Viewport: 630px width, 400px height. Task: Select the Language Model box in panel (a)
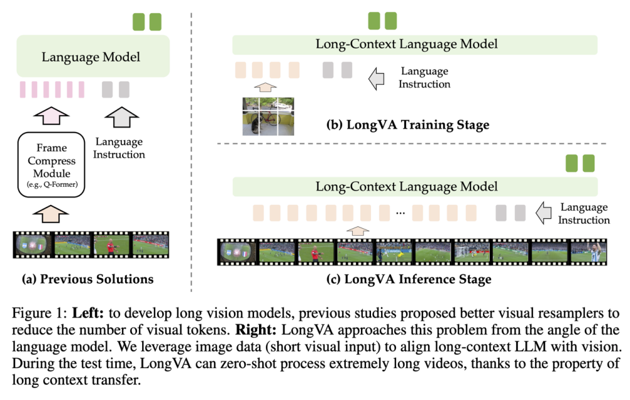[91, 57]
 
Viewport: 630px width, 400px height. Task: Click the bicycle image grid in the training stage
[268, 116]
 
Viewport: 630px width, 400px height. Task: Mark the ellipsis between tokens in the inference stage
[400, 214]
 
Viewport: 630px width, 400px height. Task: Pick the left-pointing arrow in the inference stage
[543, 214]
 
